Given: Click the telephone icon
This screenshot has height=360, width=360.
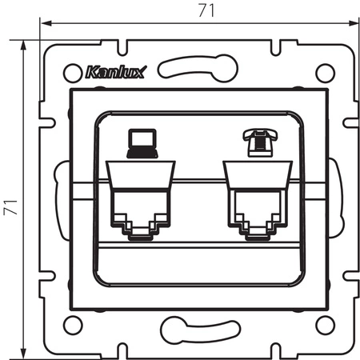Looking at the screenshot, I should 257,142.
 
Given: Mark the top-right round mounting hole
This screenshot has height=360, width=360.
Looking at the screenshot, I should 324,72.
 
